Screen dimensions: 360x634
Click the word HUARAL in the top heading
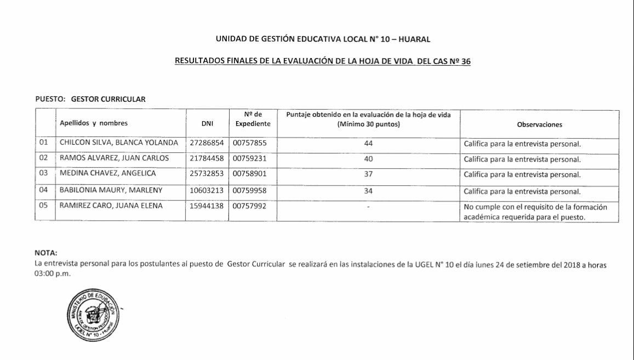point(416,39)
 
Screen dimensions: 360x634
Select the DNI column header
point(207,124)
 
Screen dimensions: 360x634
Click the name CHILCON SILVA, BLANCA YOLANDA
point(119,144)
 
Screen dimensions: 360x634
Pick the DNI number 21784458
point(207,159)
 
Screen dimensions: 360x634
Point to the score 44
point(368,144)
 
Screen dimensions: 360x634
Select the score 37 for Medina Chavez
point(368,174)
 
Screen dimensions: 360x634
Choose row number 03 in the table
point(45,174)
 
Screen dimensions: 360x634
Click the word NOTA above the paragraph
point(45,253)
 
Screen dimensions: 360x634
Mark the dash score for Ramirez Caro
point(368,208)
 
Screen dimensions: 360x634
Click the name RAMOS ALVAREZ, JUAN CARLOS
point(114,159)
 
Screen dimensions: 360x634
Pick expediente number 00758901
point(250,174)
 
